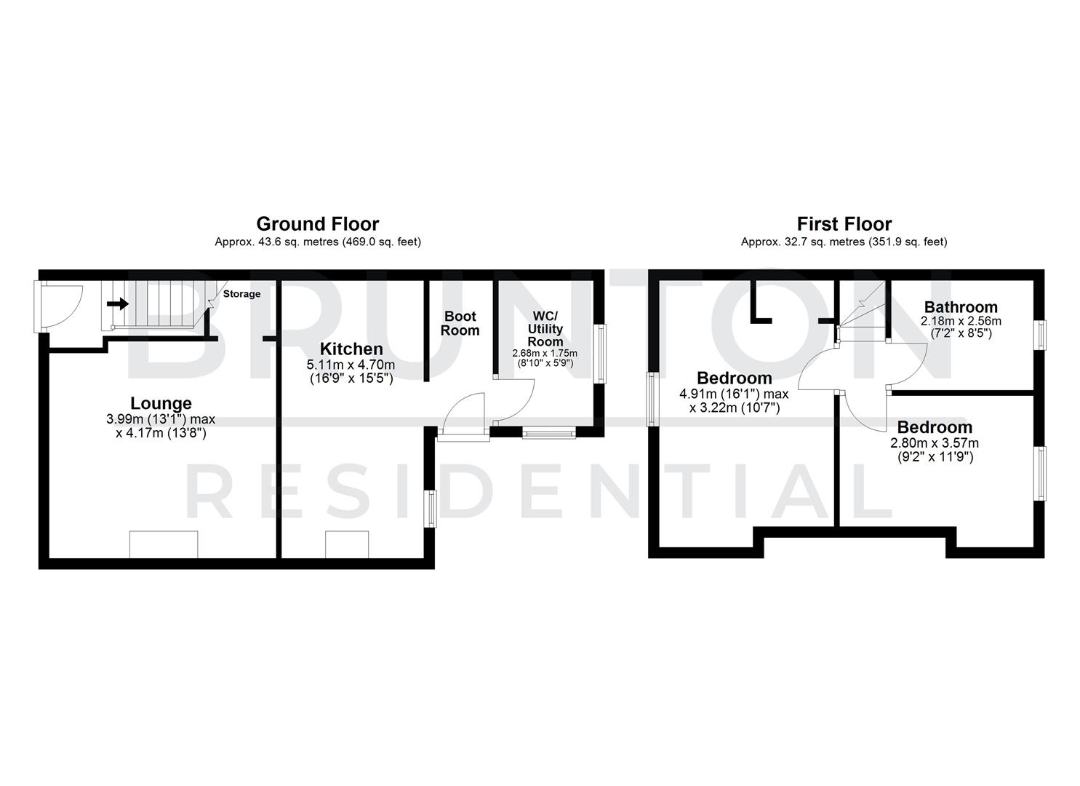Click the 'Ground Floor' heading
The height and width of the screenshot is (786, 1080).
[317, 223]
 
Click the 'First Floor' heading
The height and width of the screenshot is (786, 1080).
[844, 223]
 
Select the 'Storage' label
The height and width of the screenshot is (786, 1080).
[241, 294]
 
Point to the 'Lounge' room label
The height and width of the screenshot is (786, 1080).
[161, 403]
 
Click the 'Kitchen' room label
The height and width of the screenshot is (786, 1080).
[351, 349]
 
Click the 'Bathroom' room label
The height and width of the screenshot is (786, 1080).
[961, 307]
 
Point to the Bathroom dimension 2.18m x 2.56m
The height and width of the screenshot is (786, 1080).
[961, 321]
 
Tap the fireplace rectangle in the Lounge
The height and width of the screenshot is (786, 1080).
[164, 544]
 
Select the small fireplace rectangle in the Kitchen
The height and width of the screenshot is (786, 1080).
[347, 544]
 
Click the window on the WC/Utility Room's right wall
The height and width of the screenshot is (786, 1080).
[601, 354]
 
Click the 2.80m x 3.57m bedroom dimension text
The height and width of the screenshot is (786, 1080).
[934, 443]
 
